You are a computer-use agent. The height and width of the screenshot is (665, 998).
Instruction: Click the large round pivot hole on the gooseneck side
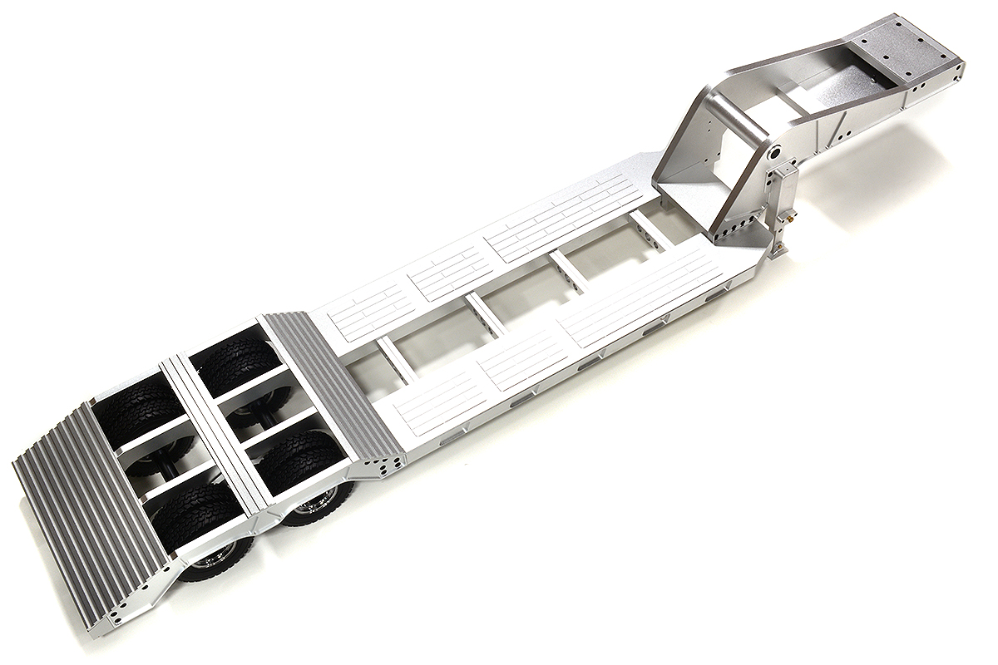point(773,154)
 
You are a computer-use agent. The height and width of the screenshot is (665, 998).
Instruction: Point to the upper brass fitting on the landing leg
point(791,215)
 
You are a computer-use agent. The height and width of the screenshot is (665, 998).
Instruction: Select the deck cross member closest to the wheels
point(395,357)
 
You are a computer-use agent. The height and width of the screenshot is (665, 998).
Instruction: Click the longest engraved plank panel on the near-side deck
point(640,295)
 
